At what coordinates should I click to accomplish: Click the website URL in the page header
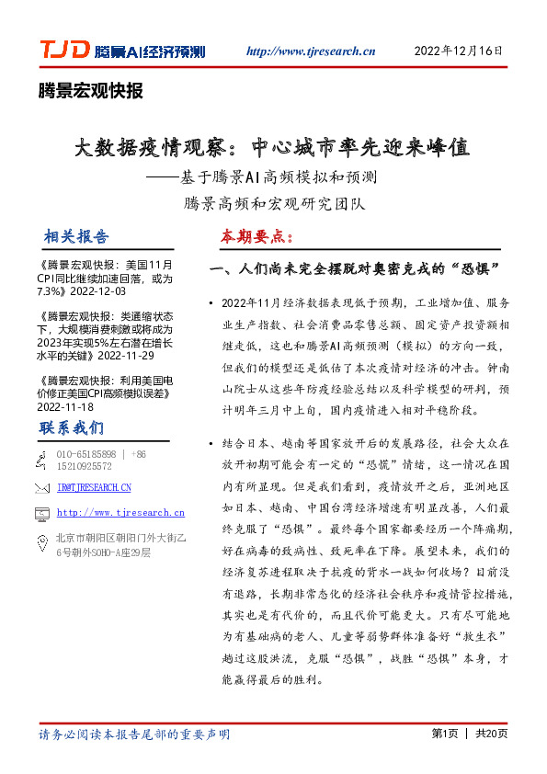click(312, 51)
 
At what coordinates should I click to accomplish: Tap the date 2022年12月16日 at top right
click(459, 51)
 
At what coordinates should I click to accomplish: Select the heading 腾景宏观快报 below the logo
click(90, 91)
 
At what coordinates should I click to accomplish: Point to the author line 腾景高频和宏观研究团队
click(272, 200)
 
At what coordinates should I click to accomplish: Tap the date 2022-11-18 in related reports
click(65, 405)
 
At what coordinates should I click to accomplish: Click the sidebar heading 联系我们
click(72, 427)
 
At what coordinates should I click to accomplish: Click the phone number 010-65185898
click(86, 454)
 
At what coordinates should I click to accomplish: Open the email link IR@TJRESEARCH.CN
click(94, 487)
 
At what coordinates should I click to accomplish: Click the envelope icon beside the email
click(40, 487)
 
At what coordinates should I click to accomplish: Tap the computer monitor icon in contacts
click(40, 513)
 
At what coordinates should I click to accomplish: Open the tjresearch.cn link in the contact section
click(120, 513)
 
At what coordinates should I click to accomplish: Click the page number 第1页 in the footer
click(444, 734)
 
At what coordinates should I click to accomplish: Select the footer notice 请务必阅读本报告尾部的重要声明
click(134, 734)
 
